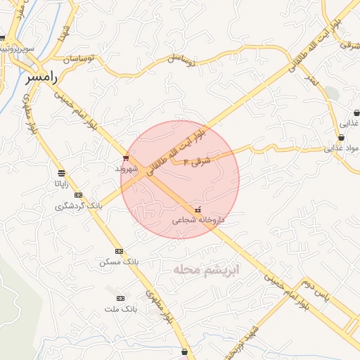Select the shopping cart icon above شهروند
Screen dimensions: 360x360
click(x=126, y=158)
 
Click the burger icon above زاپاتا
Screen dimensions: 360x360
click(x=62, y=173)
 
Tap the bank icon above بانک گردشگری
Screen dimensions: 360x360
click(x=78, y=195)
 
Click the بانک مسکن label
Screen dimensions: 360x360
click(x=119, y=262)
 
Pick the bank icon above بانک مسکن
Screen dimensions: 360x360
click(x=119, y=251)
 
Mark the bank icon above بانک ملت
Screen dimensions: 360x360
click(x=120, y=298)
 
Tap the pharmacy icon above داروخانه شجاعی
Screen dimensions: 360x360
click(x=197, y=210)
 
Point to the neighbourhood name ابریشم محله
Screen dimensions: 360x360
click(x=206, y=269)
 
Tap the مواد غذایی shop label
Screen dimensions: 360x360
click(x=341, y=148)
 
